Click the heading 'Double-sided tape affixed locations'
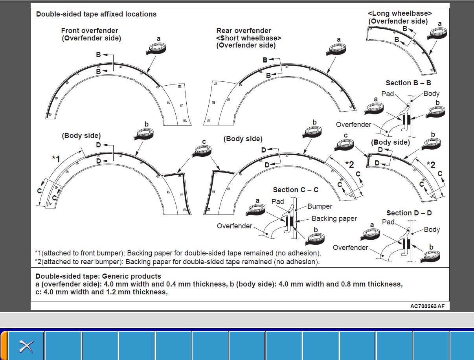coord(96,14)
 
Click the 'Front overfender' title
coord(90,31)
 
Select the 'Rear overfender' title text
coord(244,31)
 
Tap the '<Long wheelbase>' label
coord(400,14)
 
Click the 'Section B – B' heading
coord(408,83)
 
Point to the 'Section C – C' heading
coord(296,190)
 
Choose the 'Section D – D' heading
coord(409,213)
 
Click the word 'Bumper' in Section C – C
coord(320,206)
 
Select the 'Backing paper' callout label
coord(334,219)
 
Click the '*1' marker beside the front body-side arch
coord(56,159)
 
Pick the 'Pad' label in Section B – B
coord(388,94)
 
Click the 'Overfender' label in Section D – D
coord(351,247)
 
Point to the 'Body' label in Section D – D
coord(432,230)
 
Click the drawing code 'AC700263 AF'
coord(427,306)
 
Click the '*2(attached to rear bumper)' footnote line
coord(177,261)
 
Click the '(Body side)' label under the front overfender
coord(81,136)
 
